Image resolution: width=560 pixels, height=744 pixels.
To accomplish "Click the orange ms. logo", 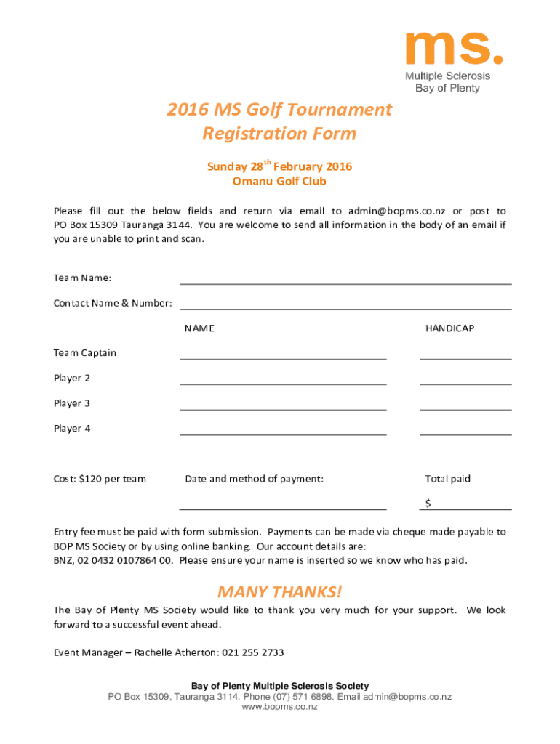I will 453,49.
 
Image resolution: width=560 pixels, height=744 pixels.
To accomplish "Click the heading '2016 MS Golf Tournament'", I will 279,110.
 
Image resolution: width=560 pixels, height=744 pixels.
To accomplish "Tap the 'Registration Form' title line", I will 279,134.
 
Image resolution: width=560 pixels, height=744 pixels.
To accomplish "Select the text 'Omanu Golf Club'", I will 279,182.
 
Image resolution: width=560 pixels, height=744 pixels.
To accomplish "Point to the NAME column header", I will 199,328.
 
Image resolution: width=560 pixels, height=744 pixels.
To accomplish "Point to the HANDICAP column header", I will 449,328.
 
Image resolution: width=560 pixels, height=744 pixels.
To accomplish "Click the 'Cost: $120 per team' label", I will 100,479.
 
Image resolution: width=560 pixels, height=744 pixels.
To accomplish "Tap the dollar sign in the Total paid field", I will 428,504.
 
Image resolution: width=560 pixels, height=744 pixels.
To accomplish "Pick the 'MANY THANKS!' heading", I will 279,591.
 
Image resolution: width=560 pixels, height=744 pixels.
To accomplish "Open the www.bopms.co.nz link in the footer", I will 279,707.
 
